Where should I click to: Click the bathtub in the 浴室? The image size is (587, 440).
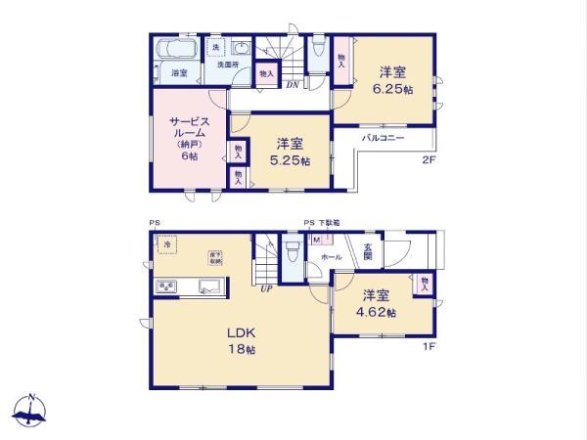click(x=177, y=50)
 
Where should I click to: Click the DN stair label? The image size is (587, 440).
click(x=293, y=85)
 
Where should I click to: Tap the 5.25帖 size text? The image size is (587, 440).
click(x=292, y=160)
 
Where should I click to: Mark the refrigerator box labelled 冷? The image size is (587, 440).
click(x=167, y=245)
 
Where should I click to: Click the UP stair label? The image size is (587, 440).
click(x=265, y=288)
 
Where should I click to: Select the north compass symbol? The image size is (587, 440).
click(x=30, y=411)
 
